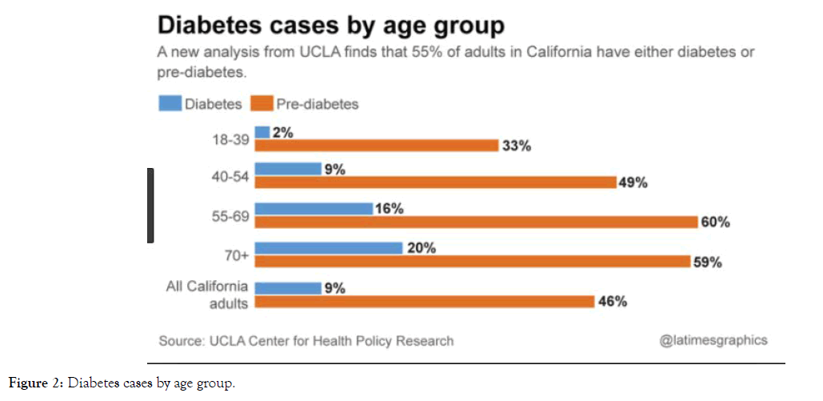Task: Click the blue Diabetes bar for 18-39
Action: (x=262, y=132)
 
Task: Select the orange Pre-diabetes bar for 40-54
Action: (x=435, y=182)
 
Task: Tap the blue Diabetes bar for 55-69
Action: (x=314, y=208)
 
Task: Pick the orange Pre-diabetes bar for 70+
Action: (x=473, y=261)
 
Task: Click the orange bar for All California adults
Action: (x=425, y=301)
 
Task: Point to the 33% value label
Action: (x=517, y=146)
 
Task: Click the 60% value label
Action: (x=715, y=222)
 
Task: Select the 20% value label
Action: (x=421, y=248)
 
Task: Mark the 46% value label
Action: (x=612, y=302)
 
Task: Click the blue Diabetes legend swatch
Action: (x=170, y=103)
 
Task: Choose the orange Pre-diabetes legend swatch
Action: (x=262, y=103)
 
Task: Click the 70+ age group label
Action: (x=235, y=255)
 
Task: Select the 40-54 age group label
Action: (x=230, y=176)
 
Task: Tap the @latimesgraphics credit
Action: (x=713, y=340)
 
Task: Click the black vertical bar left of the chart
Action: (x=150, y=205)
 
